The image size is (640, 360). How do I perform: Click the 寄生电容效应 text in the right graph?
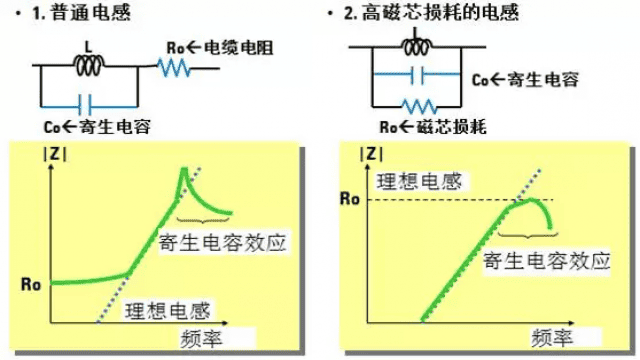coord(545,263)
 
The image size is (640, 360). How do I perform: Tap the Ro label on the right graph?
coord(350,199)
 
